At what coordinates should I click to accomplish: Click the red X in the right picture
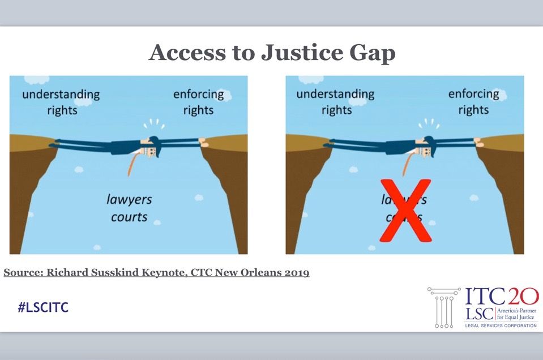[405, 210]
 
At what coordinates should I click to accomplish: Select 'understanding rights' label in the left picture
[61, 101]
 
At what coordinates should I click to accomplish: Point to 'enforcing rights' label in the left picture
[198, 101]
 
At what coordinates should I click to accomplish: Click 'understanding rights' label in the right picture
[336, 101]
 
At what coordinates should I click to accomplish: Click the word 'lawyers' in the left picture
[129, 199]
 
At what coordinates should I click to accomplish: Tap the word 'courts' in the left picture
[129, 216]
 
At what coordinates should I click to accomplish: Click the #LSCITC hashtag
[43, 308]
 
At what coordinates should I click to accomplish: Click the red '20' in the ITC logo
[521, 297]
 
